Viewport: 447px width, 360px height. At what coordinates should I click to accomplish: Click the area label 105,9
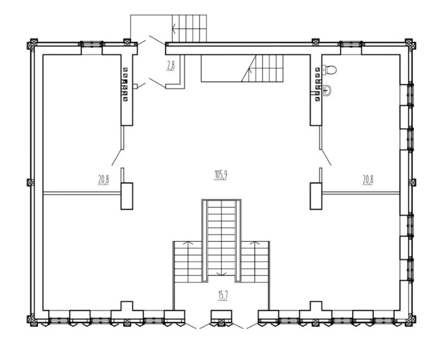(x=221, y=174)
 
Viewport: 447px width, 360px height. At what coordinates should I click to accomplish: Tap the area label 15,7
(x=223, y=296)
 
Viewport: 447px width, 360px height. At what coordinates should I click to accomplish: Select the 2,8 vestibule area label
(x=171, y=66)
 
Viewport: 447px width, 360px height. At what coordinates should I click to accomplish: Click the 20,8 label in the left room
(x=103, y=180)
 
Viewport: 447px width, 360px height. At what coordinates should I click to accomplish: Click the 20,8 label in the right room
(x=368, y=180)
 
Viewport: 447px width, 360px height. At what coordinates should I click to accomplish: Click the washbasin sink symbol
(x=328, y=91)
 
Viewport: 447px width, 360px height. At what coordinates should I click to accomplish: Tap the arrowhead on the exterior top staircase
(x=174, y=29)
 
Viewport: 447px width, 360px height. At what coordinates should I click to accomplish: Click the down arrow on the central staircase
(x=221, y=274)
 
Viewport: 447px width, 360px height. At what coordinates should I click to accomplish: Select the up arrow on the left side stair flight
(x=187, y=243)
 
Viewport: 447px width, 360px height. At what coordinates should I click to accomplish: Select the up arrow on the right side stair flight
(x=255, y=243)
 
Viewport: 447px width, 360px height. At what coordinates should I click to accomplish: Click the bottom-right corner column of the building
(x=409, y=319)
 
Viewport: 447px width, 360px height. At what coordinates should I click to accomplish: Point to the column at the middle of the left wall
(x=30, y=183)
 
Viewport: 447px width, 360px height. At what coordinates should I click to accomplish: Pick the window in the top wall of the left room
(x=92, y=44)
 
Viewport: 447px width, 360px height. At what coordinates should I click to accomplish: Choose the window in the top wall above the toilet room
(x=351, y=44)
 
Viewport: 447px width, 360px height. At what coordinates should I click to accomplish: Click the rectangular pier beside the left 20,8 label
(x=127, y=196)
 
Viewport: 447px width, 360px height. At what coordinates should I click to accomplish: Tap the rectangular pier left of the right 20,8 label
(x=316, y=196)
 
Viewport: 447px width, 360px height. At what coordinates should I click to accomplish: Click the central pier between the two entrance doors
(x=222, y=315)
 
